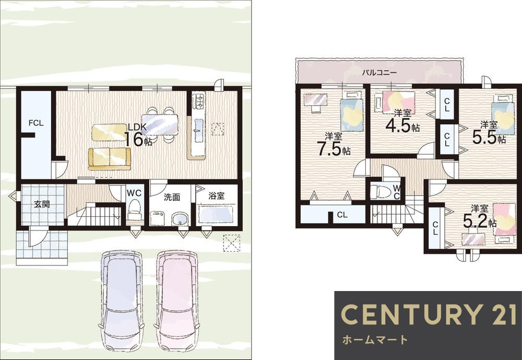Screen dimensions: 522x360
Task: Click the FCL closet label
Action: (35, 123)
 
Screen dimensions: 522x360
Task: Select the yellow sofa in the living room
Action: (110, 159)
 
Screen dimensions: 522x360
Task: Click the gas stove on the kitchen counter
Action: (199, 102)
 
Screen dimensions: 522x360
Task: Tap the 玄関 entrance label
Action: (42, 204)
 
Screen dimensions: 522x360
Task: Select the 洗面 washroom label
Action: (172, 197)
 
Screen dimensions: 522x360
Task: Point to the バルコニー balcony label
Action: (379, 72)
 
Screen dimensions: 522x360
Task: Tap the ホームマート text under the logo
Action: (375, 340)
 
